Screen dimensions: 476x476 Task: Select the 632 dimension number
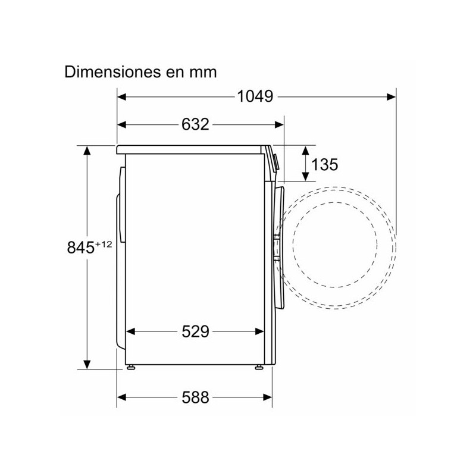[x=195, y=124]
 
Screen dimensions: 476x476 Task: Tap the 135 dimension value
[x=324, y=164]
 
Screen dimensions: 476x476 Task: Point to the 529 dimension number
[x=195, y=332]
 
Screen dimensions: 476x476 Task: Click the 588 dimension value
[x=195, y=398]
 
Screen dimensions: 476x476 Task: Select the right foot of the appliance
[x=258, y=368]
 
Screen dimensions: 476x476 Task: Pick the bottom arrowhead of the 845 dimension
[x=87, y=364]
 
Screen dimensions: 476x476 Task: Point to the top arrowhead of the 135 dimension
[x=305, y=150]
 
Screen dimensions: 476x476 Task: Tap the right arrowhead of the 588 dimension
[x=268, y=398]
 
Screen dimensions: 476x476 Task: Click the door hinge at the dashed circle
[x=277, y=248]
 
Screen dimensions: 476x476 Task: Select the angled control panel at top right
[x=273, y=159]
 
